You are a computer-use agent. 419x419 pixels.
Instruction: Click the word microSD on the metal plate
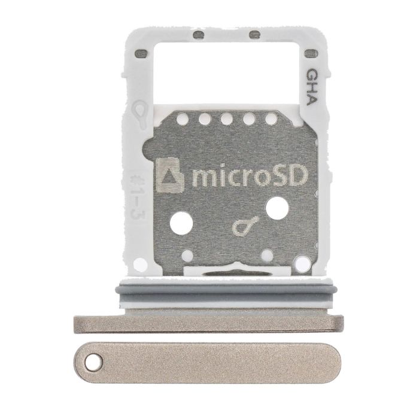pyautogui.click(x=250, y=175)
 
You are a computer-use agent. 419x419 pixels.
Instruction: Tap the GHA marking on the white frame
pyautogui.click(x=312, y=87)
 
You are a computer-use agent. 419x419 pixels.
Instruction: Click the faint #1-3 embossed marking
pyautogui.click(x=138, y=196)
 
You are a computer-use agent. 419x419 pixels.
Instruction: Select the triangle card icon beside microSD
pyautogui.click(x=169, y=175)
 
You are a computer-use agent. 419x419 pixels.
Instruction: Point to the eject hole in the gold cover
pyautogui.click(x=93, y=362)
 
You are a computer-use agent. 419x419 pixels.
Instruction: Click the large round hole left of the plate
pyautogui.click(x=181, y=223)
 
